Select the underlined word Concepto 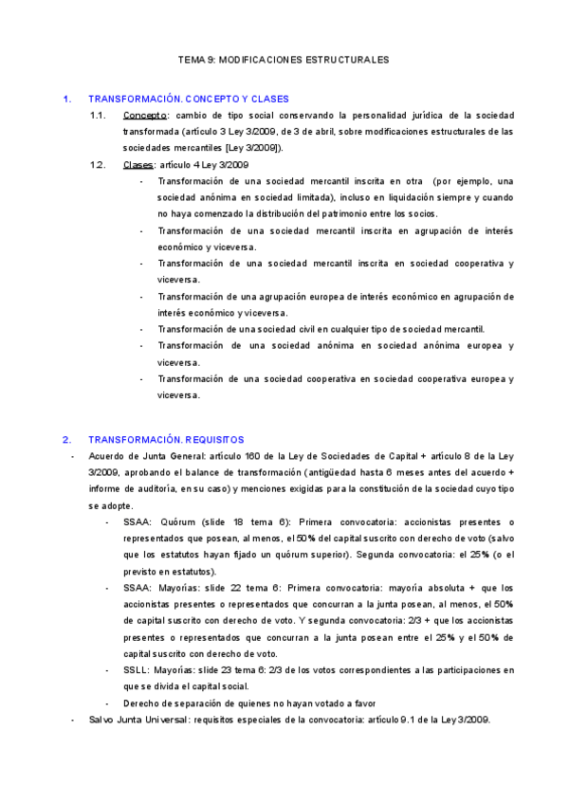145,116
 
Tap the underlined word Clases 139,165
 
